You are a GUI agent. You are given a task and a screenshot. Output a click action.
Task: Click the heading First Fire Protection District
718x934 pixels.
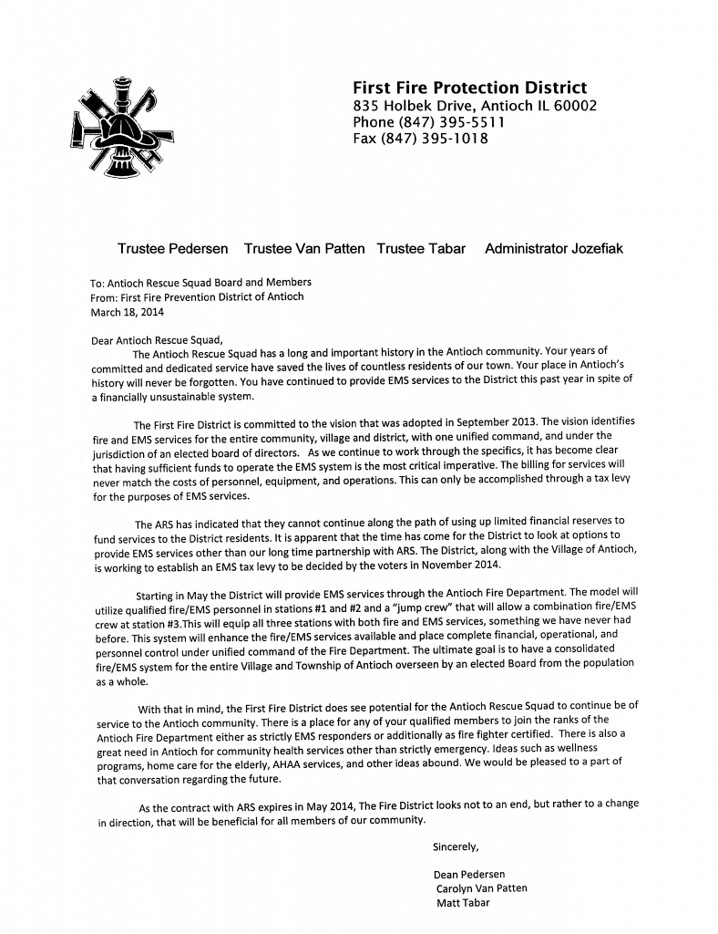(469, 88)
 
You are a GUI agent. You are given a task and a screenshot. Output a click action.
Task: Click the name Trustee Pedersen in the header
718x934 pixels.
(173, 248)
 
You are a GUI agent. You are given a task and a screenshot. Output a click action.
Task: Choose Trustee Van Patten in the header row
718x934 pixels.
(304, 248)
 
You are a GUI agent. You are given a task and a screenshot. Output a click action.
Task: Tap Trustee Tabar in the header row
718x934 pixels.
(421, 248)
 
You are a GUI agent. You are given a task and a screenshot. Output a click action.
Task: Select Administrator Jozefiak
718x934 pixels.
(554, 248)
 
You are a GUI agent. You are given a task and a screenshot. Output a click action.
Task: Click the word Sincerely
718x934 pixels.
(456, 846)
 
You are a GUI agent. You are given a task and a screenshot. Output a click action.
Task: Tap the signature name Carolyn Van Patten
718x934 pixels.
(482, 888)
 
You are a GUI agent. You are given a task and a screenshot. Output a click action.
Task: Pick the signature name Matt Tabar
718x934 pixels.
(464, 903)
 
